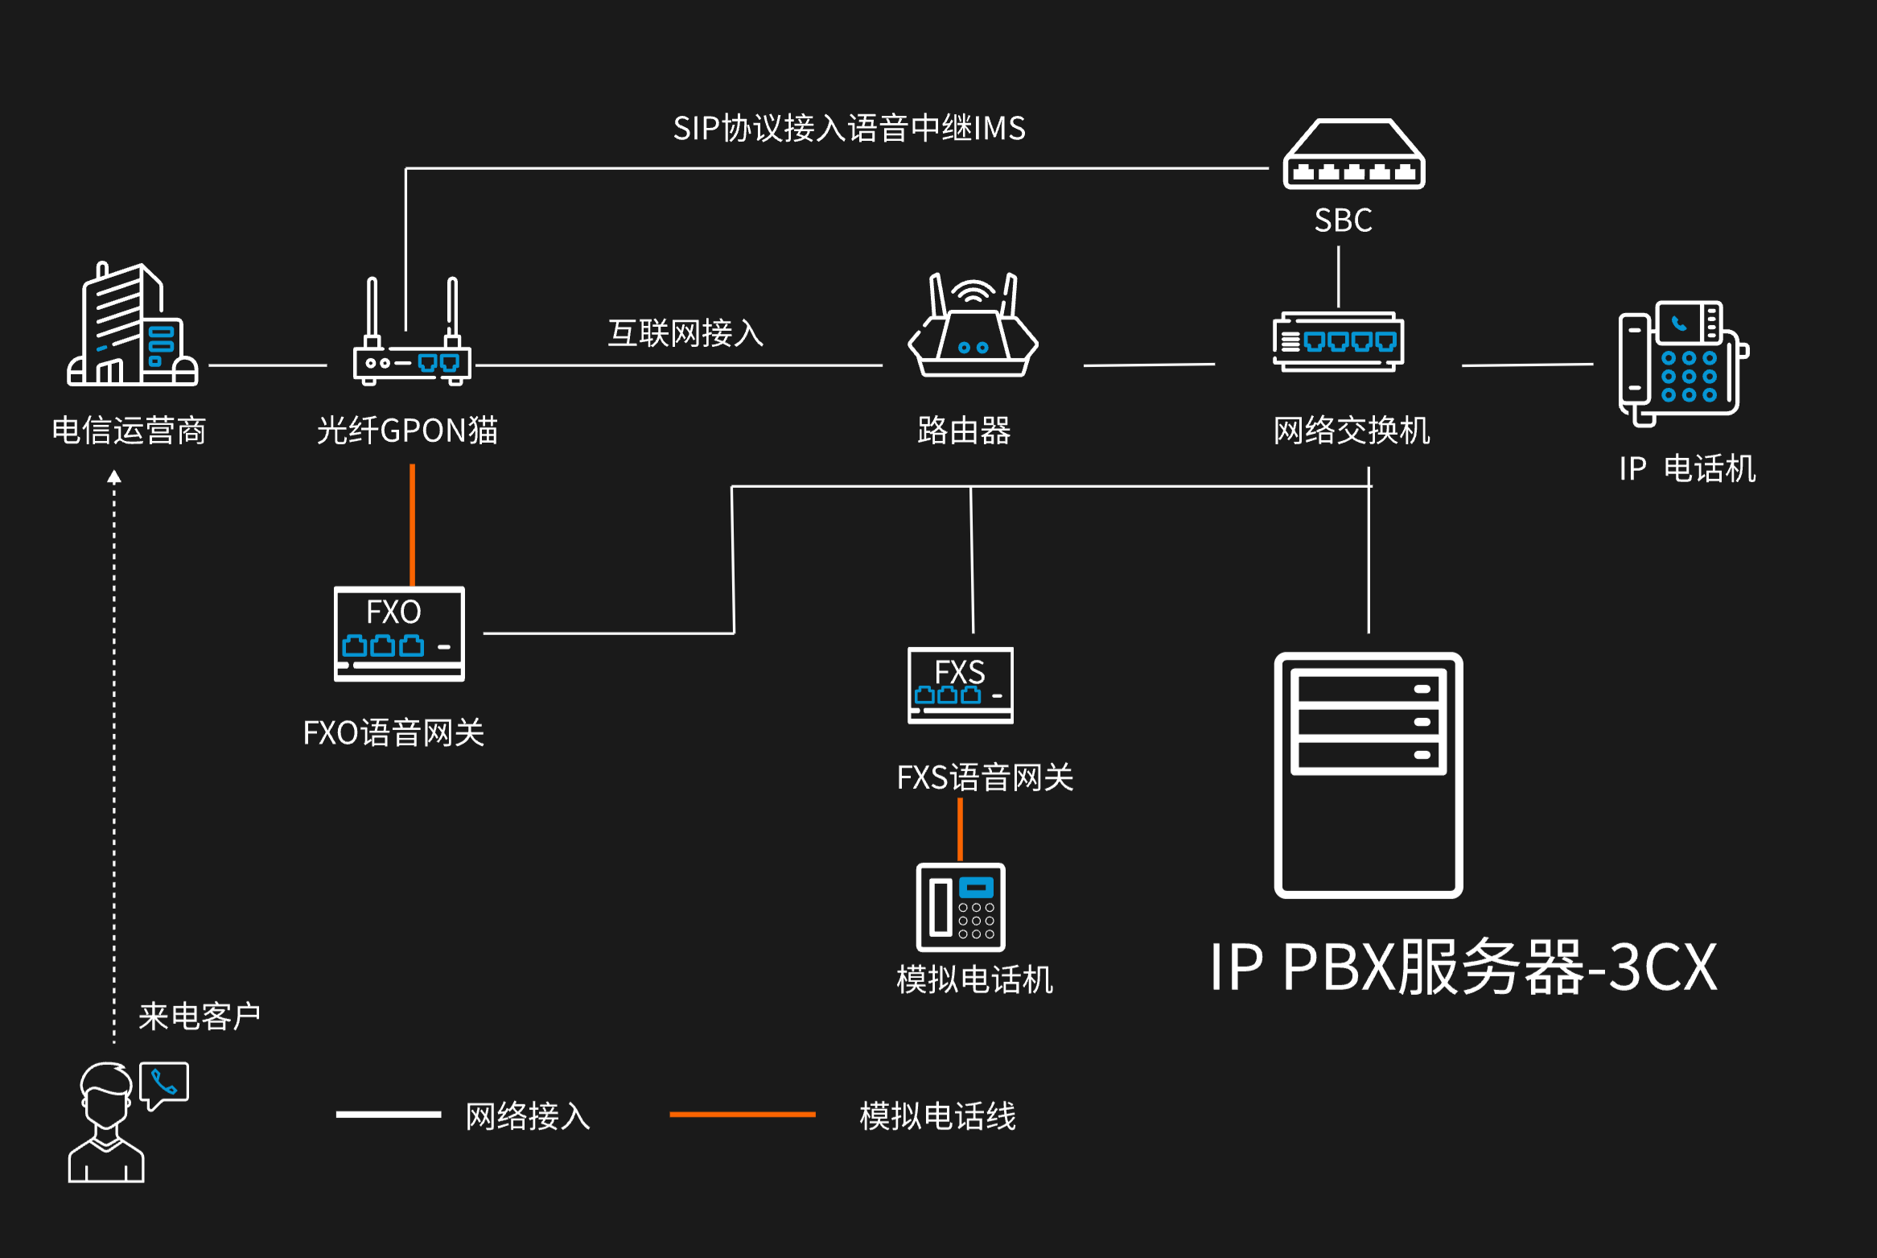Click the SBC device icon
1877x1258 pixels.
tap(1353, 155)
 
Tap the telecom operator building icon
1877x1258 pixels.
tap(132, 326)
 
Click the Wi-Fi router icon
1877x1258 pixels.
tap(973, 328)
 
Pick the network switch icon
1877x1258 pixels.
tap(1339, 342)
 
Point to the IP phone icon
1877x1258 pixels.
tap(1681, 362)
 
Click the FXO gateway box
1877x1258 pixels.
tap(399, 633)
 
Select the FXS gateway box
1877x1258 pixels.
tap(960, 685)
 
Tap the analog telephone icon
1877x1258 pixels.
tap(961, 907)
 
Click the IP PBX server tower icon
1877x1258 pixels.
tap(1368, 774)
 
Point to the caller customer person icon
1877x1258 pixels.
tap(105, 1123)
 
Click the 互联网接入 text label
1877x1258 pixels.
tap(685, 333)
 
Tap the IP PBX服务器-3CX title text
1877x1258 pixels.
tap(1463, 967)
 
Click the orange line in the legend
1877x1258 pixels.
tap(742, 1115)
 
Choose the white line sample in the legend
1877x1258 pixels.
tap(389, 1115)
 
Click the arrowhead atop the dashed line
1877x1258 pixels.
tap(114, 476)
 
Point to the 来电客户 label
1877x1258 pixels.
tap(200, 1017)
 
